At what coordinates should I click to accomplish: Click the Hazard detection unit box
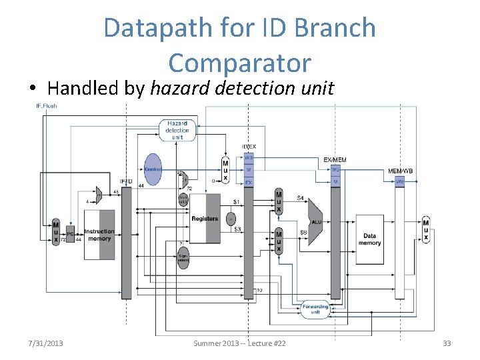pyautogui.click(x=177, y=130)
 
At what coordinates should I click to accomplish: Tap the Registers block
pyautogui.click(x=205, y=219)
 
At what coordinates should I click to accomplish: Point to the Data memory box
pyautogui.click(x=369, y=239)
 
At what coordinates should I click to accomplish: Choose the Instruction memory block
pyautogui.click(x=99, y=235)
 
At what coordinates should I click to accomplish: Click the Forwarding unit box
pyautogui.click(x=315, y=309)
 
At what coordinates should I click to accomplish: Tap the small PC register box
pyautogui.click(x=71, y=234)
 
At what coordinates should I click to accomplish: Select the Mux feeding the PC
pyautogui.click(x=56, y=232)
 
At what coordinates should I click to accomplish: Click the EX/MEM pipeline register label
pyautogui.click(x=335, y=160)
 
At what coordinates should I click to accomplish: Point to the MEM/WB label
pyautogui.click(x=400, y=171)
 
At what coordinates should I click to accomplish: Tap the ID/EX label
pyautogui.click(x=249, y=146)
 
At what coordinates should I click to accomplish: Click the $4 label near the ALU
pyautogui.click(x=301, y=198)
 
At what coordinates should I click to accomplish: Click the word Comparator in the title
pyautogui.click(x=240, y=63)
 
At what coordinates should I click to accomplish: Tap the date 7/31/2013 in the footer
pyautogui.click(x=46, y=343)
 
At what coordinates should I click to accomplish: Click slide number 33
pyautogui.click(x=447, y=343)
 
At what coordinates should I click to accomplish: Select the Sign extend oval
pyautogui.click(x=183, y=257)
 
